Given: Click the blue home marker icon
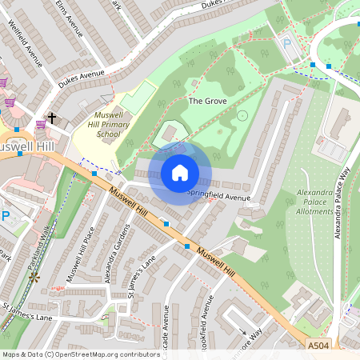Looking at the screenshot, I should click(x=180, y=172).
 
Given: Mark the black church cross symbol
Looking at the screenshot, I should click(x=52, y=118).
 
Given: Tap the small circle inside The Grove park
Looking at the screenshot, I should click(x=242, y=115).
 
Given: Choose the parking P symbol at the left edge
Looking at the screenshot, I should click(x=5, y=216).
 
